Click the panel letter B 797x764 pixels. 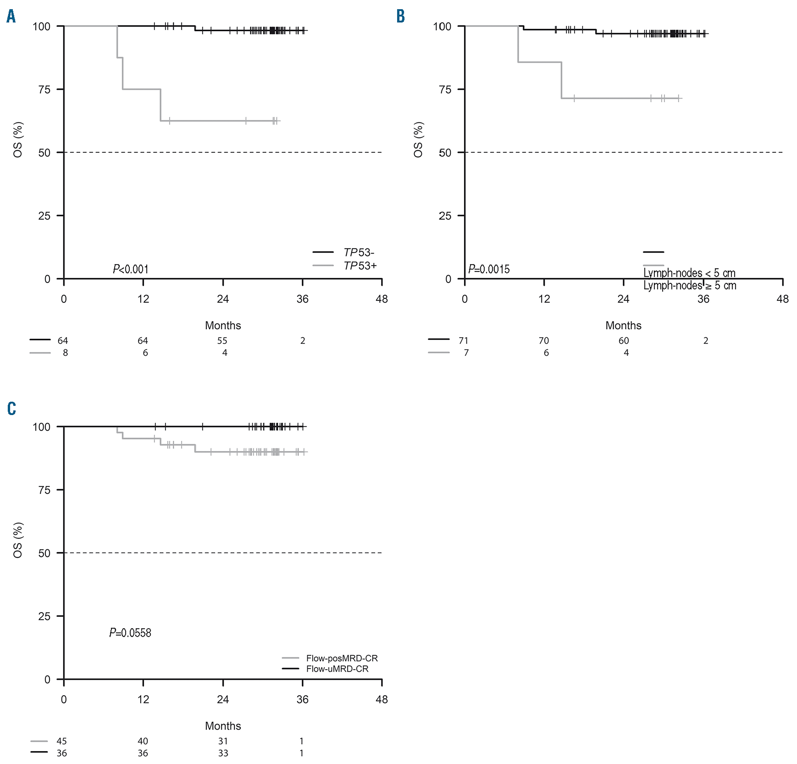pyautogui.click(x=401, y=17)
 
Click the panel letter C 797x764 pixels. pyautogui.click(x=12, y=409)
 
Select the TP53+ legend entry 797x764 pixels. pyautogui.click(x=360, y=266)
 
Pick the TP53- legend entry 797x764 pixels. pyautogui.click(x=359, y=253)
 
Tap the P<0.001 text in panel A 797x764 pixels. pyautogui.click(x=131, y=269)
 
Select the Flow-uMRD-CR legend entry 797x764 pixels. pyautogui.click(x=337, y=669)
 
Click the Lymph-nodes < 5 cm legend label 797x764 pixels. pyautogui.click(x=689, y=273)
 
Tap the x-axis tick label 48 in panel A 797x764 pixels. pyautogui.click(x=381, y=299)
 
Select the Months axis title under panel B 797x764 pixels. pyautogui.click(x=623, y=326)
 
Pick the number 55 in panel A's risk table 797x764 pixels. pyautogui.click(x=222, y=341)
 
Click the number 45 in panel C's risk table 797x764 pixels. pyautogui.click(x=61, y=741)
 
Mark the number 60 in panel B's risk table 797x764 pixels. pyautogui.click(x=623, y=341)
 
